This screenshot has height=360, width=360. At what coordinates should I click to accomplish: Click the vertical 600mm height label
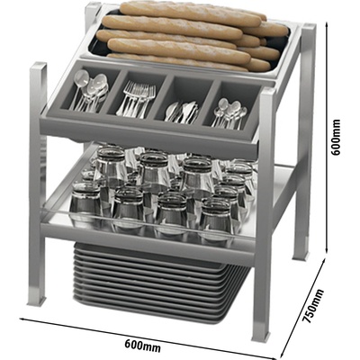336,137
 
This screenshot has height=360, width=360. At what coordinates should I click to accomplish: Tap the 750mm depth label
312,305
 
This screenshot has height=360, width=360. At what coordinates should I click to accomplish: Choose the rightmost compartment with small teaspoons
231,106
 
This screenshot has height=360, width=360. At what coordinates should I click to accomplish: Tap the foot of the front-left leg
37,299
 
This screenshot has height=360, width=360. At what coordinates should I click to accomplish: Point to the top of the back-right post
308,28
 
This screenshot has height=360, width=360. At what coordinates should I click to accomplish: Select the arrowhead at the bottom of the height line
327,250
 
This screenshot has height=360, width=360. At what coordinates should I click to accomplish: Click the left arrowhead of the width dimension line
22,319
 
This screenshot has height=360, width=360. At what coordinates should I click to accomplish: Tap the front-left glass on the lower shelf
85,202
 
